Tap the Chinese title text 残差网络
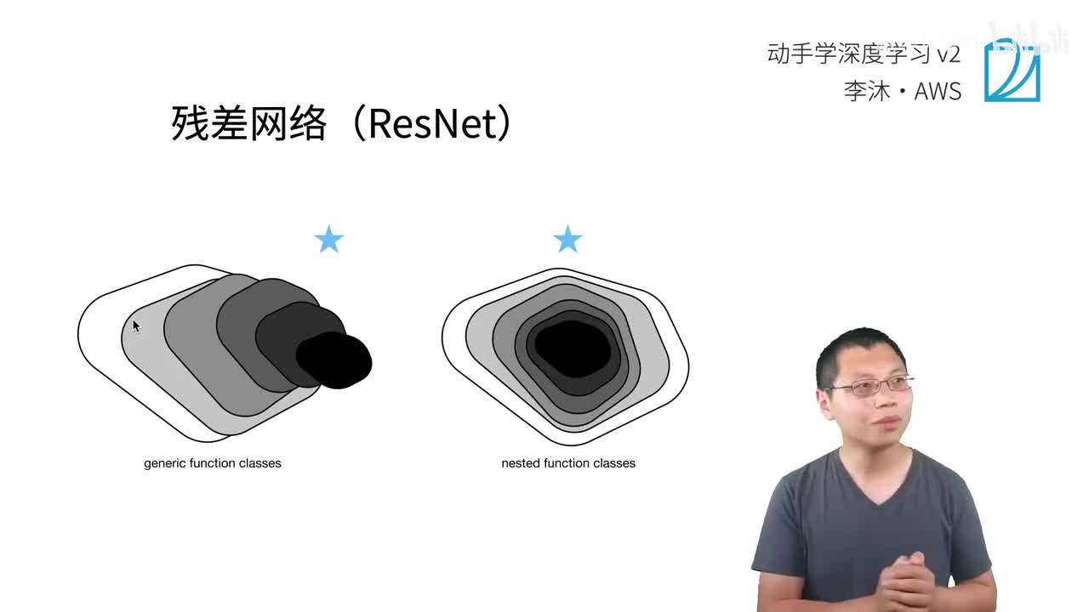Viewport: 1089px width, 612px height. coord(248,124)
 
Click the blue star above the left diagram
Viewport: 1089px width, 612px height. coord(328,240)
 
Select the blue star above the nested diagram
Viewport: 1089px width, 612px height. coord(567,240)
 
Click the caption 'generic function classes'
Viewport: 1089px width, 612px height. coord(213,463)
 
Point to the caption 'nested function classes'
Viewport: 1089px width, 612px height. coord(568,463)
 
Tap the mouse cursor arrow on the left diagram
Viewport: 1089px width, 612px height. coord(136,326)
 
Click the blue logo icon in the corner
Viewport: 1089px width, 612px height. coord(1012,71)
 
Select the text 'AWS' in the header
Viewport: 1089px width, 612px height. coord(938,91)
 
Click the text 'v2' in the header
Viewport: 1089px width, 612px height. coord(948,54)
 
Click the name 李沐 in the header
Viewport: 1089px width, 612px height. coord(866,91)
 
